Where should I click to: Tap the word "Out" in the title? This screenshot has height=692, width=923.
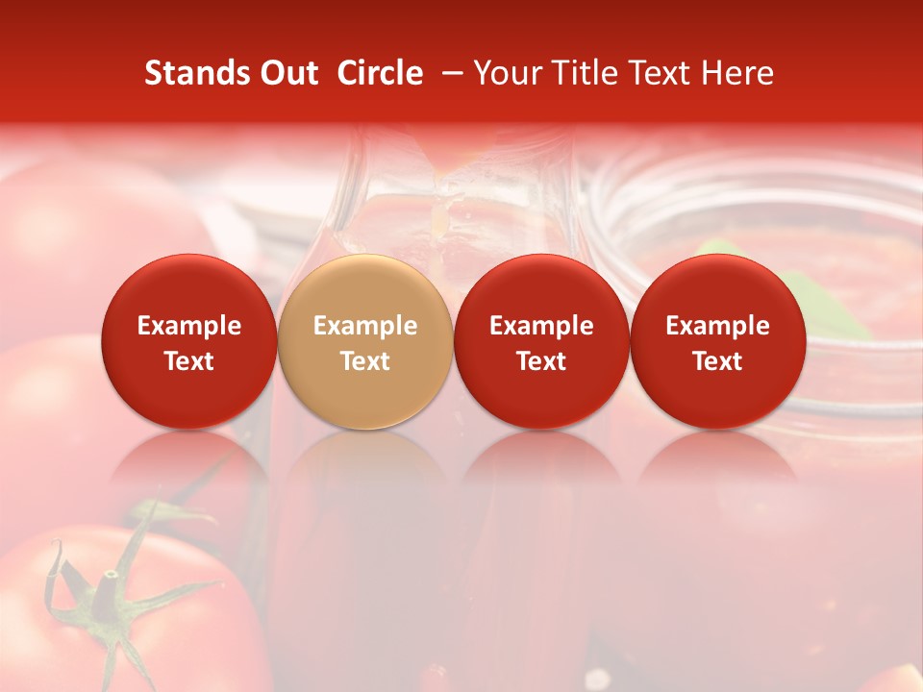click(286, 73)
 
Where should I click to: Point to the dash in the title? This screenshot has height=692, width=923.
click(449, 74)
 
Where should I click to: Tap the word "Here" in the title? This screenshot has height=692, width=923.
click(737, 73)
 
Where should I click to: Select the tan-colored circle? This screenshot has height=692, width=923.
click(364, 341)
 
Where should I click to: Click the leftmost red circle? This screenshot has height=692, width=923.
click(188, 341)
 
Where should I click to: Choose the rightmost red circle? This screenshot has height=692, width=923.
click(717, 341)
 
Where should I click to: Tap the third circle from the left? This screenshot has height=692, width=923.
click(541, 341)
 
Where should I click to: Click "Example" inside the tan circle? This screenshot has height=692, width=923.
click(364, 326)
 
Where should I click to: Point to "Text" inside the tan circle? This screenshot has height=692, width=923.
click(364, 360)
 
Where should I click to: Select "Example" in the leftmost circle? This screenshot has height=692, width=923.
click(188, 326)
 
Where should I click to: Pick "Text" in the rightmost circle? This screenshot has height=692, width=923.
click(717, 360)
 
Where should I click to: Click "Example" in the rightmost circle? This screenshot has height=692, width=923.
click(717, 326)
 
